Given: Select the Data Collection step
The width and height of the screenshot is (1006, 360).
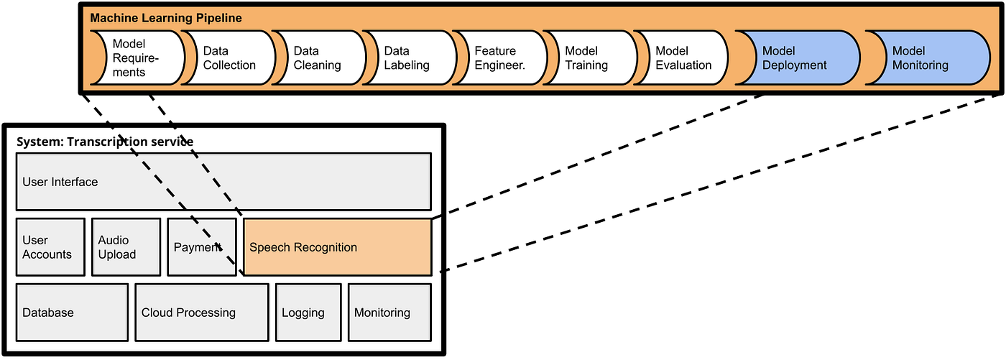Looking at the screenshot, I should pos(229,58).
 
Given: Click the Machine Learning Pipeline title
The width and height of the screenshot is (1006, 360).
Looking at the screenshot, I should pos(166,18).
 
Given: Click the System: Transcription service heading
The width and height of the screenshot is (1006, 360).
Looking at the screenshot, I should pos(105,142).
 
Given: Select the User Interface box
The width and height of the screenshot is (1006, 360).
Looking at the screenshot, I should pos(223,182).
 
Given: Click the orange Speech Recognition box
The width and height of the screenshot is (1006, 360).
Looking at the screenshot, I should pos(337,247).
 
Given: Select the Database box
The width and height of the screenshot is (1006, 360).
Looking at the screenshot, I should pos(72,313).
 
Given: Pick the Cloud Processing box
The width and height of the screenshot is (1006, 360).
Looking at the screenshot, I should pos(201,313).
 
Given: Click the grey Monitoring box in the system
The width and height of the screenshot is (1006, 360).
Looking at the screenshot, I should pos(389,313).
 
